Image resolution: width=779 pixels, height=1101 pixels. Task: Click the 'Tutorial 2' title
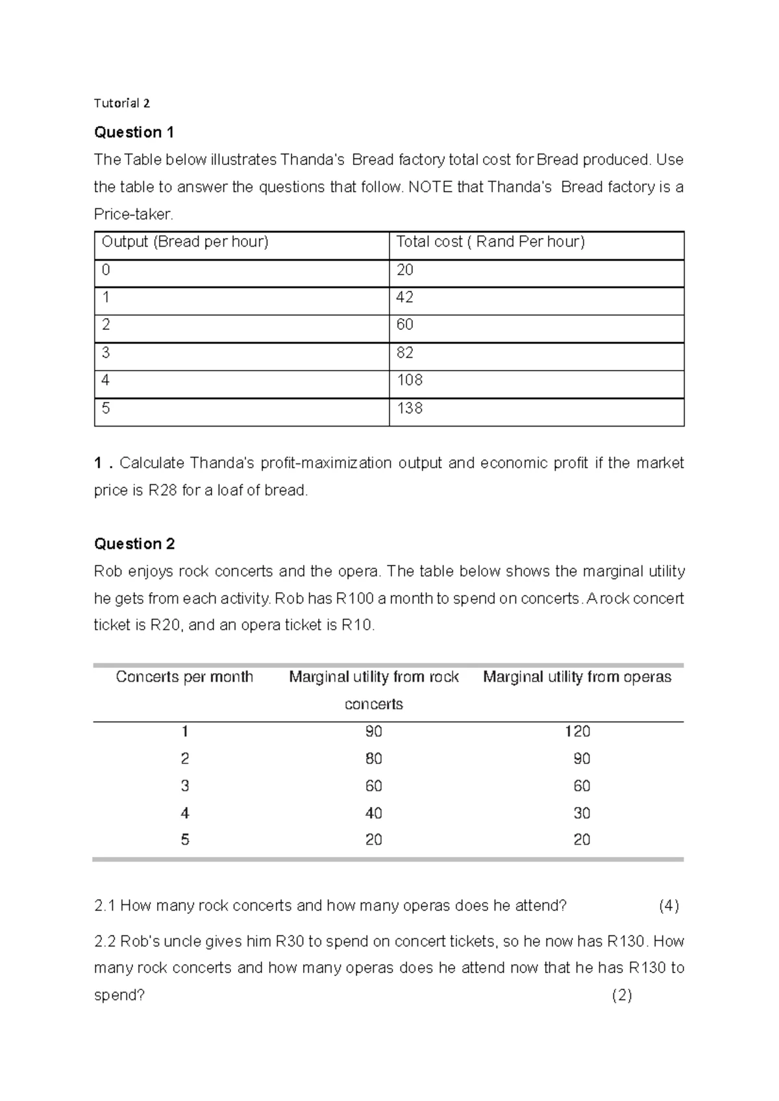(x=121, y=103)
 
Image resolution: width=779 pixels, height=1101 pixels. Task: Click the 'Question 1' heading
(x=134, y=132)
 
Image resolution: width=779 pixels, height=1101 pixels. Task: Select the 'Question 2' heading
(x=134, y=544)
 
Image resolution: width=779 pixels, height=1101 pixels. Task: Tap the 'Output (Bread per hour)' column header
(x=185, y=242)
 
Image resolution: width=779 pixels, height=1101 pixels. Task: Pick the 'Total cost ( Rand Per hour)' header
(x=490, y=242)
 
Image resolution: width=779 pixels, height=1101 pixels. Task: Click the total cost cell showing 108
(x=410, y=380)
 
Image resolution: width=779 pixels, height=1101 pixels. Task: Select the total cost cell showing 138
(x=410, y=408)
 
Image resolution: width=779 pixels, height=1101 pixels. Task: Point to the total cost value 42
(x=404, y=297)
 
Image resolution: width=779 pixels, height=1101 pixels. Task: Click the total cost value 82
(x=404, y=353)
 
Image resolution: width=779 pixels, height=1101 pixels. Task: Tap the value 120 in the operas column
(x=577, y=732)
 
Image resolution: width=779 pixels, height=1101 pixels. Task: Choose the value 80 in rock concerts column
(x=373, y=759)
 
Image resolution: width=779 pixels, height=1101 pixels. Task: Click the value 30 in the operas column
(x=582, y=813)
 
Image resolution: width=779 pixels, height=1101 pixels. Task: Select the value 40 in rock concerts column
(x=373, y=813)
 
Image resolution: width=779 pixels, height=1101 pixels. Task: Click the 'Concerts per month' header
(x=184, y=677)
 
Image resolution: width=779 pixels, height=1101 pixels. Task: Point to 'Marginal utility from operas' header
(x=577, y=677)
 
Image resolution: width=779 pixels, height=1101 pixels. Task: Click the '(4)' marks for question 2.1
(x=669, y=906)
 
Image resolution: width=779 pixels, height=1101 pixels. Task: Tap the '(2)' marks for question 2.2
(x=622, y=996)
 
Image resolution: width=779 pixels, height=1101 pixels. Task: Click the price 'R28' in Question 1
(x=162, y=491)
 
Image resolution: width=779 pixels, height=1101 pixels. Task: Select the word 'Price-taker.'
(x=134, y=214)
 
